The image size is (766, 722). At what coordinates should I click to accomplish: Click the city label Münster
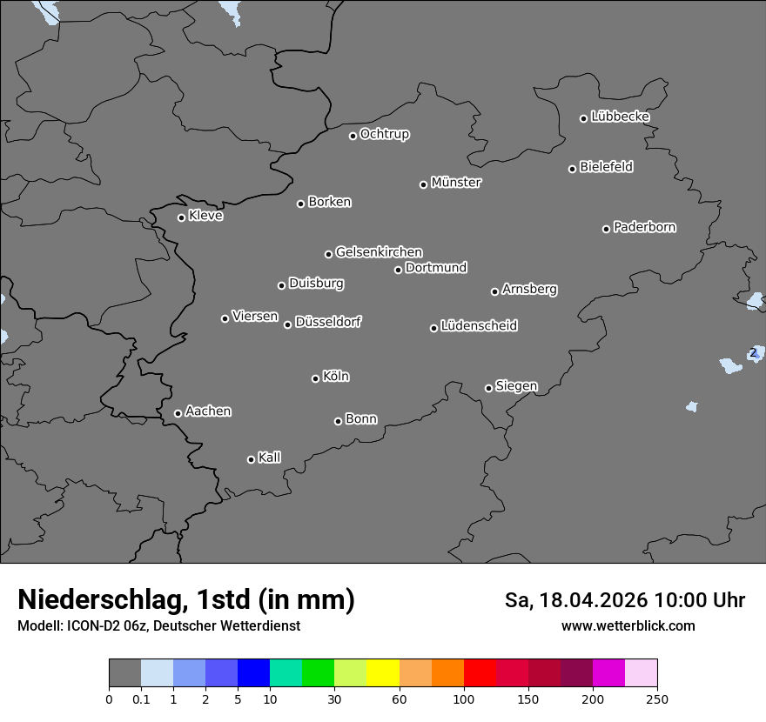pyautogui.click(x=456, y=183)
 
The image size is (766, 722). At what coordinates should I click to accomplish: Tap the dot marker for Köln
pyautogui.click(x=315, y=378)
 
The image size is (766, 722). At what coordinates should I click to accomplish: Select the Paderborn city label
pyautogui.click(x=645, y=227)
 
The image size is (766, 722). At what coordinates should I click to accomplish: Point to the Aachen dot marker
pyautogui.click(x=178, y=413)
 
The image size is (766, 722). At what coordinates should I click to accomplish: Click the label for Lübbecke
pyautogui.click(x=620, y=117)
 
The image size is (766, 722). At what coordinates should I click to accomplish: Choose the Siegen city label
pyautogui.click(x=516, y=386)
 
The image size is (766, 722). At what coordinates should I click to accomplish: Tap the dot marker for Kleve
pyautogui.click(x=181, y=217)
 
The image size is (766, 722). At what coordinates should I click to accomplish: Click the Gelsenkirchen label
pyautogui.click(x=379, y=252)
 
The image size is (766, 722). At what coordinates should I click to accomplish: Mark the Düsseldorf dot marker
pyautogui.click(x=287, y=324)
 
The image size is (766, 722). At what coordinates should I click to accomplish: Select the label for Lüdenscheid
pyautogui.click(x=479, y=326)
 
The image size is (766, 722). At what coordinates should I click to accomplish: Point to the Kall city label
pyautogui.click(x=269, y=458)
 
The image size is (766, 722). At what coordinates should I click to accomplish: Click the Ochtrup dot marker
pyautogui.click(x=353, y=136)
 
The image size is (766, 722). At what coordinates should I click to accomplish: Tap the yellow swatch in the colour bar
pyautogui.click(x=383, y=673)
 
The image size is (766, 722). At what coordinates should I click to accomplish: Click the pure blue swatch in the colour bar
pyautogui.click(x=253, y=673)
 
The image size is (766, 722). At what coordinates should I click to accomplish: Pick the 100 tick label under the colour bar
pyautogui.click(x=464, y=699)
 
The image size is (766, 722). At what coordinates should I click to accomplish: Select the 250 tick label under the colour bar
pyautogui.click(x=657, y=699)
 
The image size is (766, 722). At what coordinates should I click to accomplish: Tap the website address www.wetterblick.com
pyautogui.click(x=628, y=626)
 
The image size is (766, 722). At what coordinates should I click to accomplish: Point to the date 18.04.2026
pyautogui.click(x=593, y=600)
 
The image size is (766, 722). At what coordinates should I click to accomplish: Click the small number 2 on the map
pyautogui.click(x=753, y=352)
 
